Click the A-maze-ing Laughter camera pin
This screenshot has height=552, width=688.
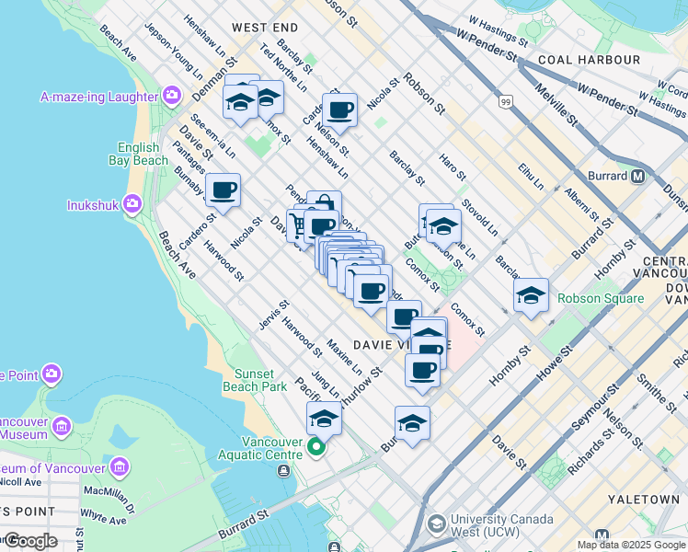[172, 96]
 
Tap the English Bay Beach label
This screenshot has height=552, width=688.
[143, 154]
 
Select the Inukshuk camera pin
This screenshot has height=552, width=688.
[132, 203]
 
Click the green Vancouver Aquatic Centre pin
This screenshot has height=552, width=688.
[316, 448]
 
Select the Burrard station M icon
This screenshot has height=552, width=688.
[638, 176]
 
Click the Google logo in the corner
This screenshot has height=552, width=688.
[29, 541]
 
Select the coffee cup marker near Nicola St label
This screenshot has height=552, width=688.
[339, 110]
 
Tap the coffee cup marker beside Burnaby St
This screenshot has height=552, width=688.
[223, 190]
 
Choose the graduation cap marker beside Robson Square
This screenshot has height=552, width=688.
[531, 295]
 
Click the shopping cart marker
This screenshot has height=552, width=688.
[298, 224]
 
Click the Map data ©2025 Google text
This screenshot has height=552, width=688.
[631, 545]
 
